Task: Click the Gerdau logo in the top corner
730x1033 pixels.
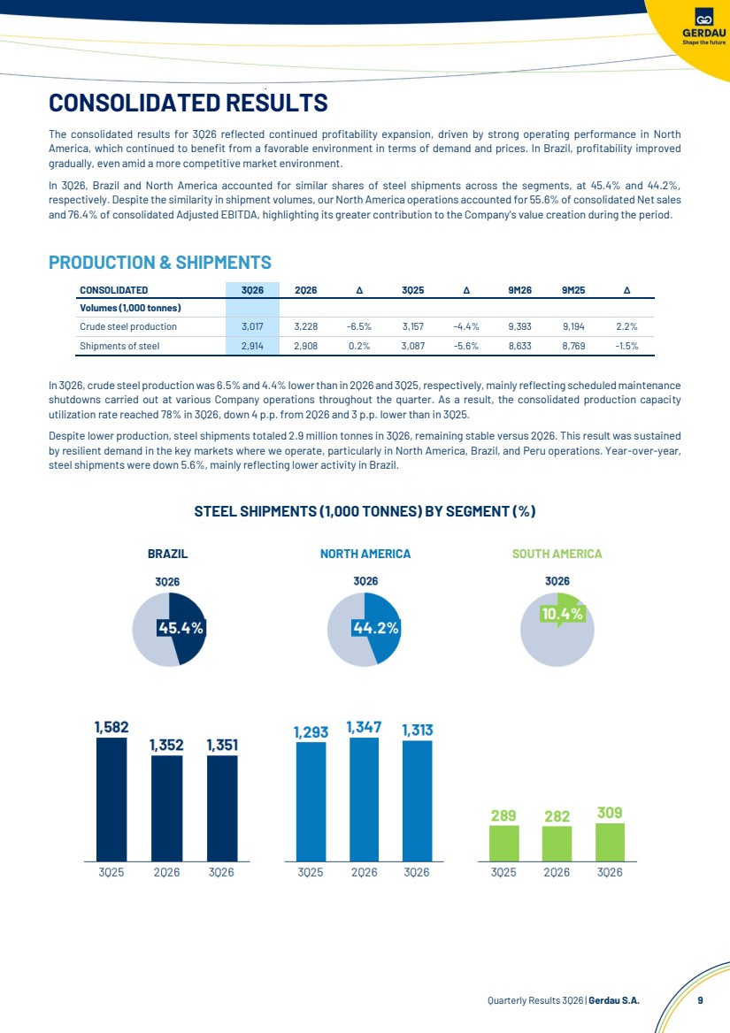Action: (x=703, y=27)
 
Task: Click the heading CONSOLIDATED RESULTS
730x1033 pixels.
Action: (x=188, y=103)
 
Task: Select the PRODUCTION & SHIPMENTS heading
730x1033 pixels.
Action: (x=160, y=262)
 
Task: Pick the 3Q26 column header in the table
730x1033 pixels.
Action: (x=252, y=290)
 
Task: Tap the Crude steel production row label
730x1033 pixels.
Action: (x=127, y=326)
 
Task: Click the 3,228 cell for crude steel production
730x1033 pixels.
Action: (x=305, y=326)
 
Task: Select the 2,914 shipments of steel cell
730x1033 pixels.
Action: (x=252, y=346)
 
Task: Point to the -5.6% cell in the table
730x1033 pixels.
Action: (x=466, y=346)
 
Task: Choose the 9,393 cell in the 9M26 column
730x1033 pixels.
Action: (x=519, y=326)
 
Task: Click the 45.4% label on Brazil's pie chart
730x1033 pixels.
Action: (x=181, y=629)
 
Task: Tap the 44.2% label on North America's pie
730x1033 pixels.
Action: (x=376, y=629)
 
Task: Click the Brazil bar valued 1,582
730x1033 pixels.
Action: (x=111, y=800)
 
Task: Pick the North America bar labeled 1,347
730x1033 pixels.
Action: (x=365, y=800)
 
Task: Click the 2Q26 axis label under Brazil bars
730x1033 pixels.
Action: (x=166, y=872)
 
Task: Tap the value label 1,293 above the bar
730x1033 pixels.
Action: (x=311, y=732)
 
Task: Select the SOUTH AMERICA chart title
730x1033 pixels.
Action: (x=557, y=554)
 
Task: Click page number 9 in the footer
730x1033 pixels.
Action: (x=700, y=1000)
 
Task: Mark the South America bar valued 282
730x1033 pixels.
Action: (x=557, y=844)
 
